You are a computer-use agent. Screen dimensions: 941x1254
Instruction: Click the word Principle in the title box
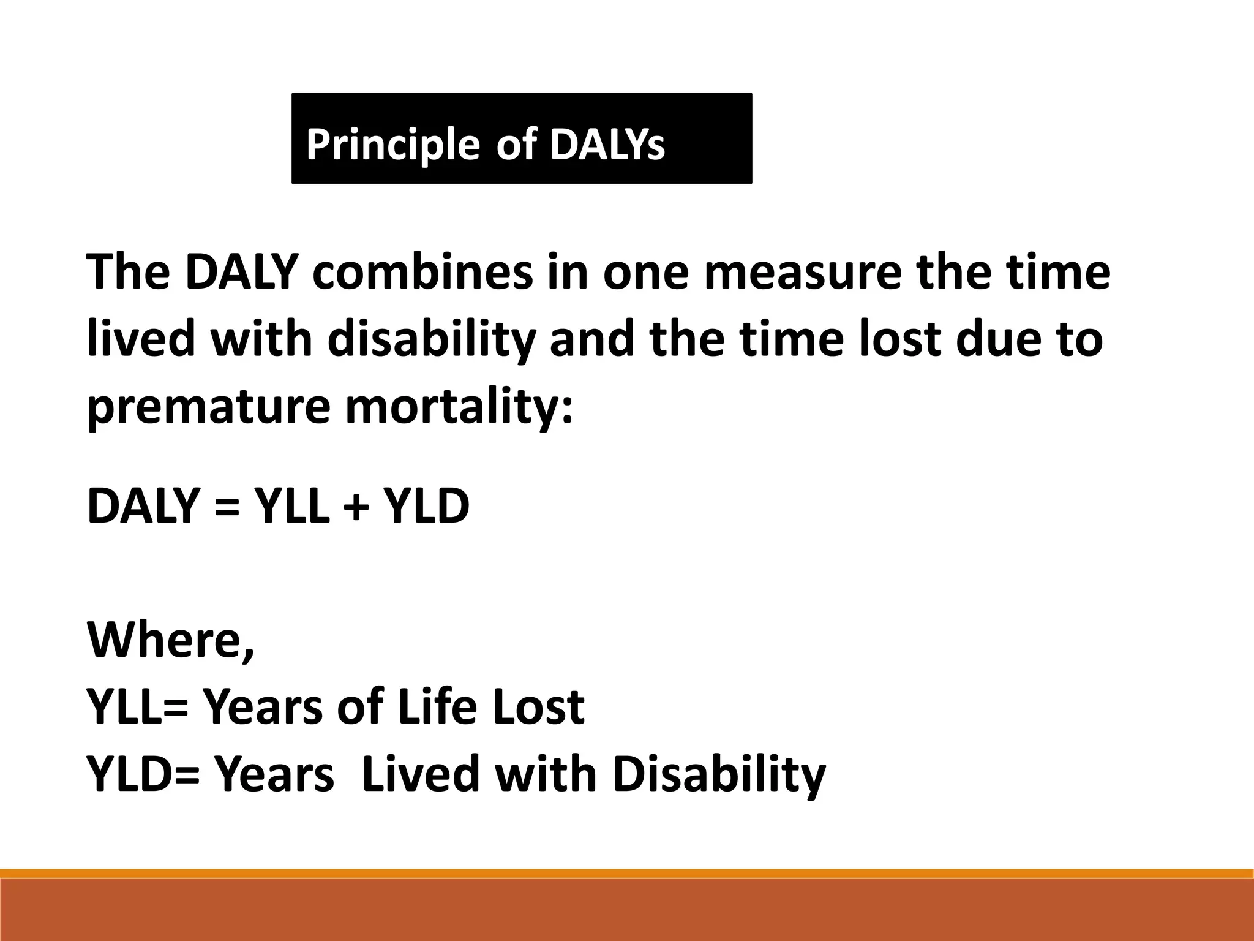(392, 146)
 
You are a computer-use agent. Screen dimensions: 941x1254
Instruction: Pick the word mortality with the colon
(459, 407)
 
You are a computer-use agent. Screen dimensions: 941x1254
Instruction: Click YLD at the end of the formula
(426, 506)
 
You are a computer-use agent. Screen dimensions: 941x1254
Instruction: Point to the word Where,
(171, 641)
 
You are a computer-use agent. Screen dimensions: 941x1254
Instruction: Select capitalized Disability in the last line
(718, 775)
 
